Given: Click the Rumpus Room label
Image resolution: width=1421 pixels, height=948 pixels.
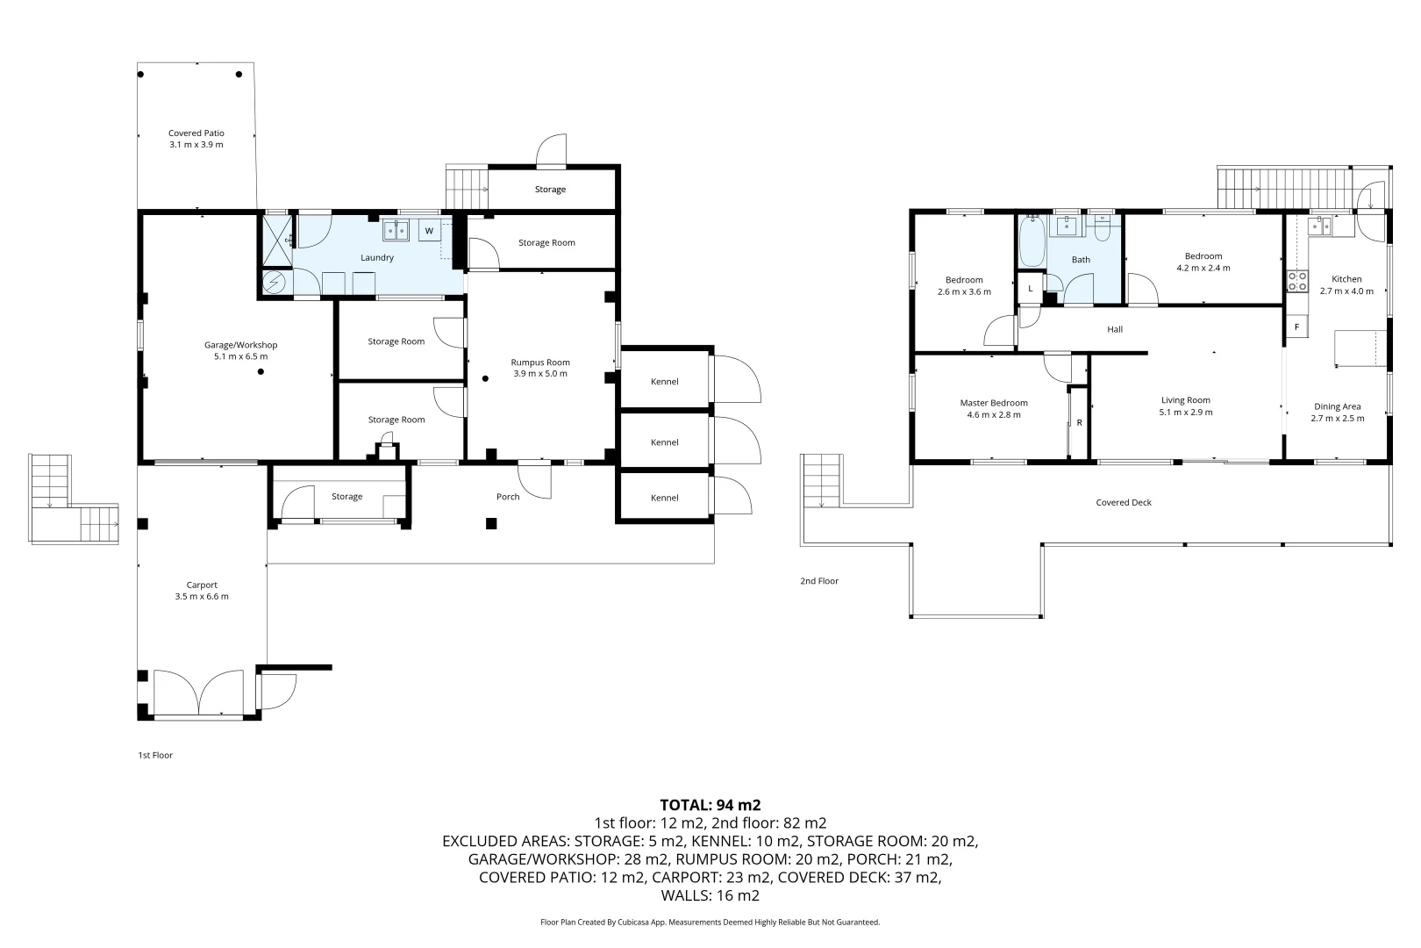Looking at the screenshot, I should tap(540, 362).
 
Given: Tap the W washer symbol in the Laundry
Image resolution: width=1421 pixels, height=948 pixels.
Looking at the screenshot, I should tap(429, 231).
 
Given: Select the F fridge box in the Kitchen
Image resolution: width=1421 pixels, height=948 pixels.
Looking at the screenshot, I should tap(1296, 327).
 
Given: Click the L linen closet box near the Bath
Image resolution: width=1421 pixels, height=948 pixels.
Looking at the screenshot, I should tap(1030, 288).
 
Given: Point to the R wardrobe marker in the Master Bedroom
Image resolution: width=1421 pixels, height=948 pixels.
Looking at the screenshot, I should tap(1079, 422).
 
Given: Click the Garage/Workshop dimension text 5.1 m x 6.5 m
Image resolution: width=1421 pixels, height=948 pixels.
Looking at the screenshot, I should tap(241, 356).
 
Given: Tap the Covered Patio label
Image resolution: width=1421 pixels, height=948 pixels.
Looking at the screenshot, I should tap(196, 133).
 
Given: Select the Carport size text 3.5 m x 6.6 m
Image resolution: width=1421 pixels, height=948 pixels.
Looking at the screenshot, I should tap(202, 596).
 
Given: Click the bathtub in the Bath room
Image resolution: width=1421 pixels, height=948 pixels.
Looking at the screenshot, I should tap(1031, 241).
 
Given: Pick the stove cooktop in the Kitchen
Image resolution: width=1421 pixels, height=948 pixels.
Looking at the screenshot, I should tap(1296, 282).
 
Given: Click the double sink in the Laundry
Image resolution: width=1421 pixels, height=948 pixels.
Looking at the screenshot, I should tap(396, 231).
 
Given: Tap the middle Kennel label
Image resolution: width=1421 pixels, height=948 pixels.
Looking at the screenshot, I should tap(664, 442).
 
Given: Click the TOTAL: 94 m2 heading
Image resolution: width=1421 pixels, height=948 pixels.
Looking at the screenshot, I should tap(710, 804).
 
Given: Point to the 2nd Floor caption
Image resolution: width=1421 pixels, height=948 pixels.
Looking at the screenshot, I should tap(818, 581).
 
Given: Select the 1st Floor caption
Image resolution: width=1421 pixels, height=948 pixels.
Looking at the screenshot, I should tap(155, 755).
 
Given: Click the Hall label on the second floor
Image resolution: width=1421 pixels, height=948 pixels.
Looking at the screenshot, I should tap(1115, 329).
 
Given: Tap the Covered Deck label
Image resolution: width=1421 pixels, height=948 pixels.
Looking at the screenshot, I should tap(1123, 502).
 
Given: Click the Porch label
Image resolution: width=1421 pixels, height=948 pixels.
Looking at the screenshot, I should tap(508, 497).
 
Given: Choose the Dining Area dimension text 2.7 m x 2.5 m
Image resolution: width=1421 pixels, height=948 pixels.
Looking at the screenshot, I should tap(1337, 418).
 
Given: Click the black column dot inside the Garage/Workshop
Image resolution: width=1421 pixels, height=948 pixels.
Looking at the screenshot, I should tap(261, 372).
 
